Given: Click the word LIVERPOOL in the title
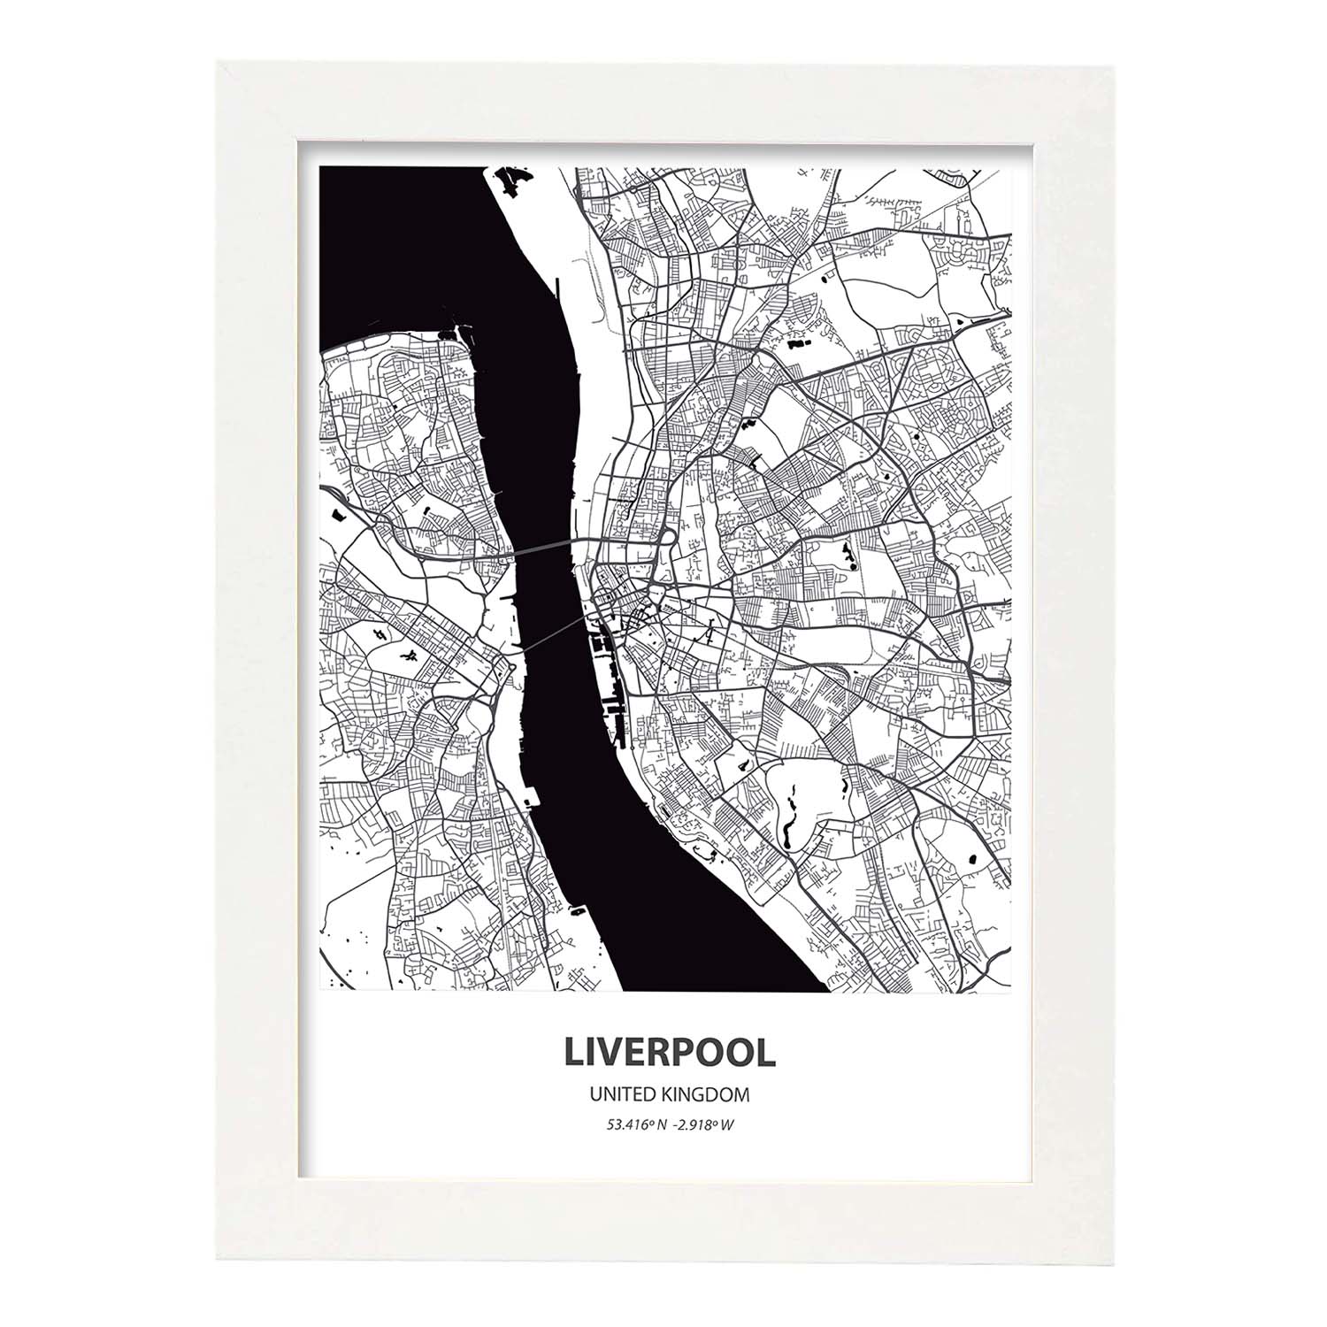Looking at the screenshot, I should point(669,1052).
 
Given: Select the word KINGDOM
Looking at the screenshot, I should point(704,1095).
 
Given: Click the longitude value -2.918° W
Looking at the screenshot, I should point(704,1124).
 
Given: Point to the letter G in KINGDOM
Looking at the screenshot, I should point(695,1095).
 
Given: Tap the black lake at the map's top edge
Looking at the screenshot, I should point(512,181).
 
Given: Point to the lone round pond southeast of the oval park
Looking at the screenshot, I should point(974,857).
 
